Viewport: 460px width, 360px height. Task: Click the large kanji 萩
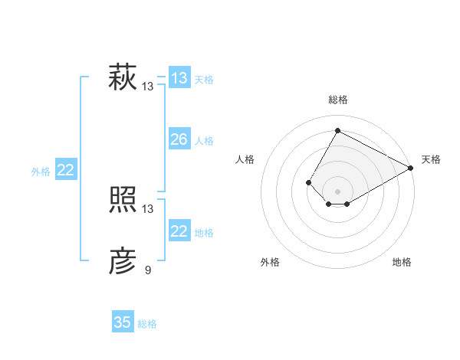pos(122,78)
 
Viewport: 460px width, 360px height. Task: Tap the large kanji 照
pos(122,201)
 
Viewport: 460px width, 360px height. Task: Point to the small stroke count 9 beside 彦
pos(148,270)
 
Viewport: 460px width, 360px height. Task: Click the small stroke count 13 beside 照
pos(148,208)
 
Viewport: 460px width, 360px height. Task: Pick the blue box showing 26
pos(179,139)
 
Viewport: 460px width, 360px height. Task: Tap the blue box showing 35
pos(122,322)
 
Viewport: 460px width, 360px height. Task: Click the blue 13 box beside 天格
pos(179,78)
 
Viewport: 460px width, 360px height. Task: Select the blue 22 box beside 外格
pos(65,170)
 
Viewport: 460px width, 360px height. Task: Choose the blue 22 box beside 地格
pos(179,231)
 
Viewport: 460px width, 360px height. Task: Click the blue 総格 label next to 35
pos(147,324)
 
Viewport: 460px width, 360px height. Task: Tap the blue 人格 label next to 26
pos(204,141)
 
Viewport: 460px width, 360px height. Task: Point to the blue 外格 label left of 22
pos(41,172)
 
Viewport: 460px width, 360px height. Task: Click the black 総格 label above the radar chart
pos(337,100)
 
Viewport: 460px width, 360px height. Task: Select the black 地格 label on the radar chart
pos(402,263)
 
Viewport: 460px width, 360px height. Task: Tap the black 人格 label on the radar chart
pos(245,159)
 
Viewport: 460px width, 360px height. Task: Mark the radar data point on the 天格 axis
pos(411,168)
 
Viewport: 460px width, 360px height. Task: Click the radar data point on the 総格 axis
pos(337,130)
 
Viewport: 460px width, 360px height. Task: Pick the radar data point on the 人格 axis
pos(308,182)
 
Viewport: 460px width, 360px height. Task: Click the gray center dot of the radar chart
pos(337,191)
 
